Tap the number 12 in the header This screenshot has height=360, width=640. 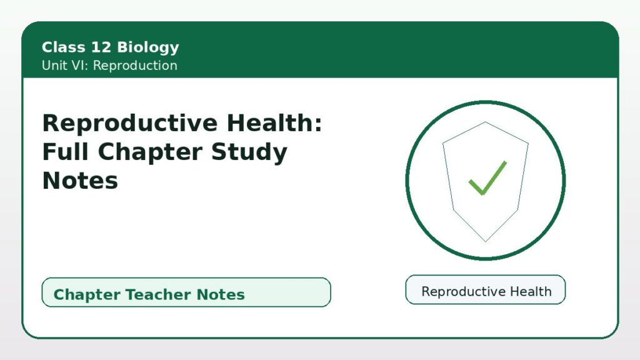tap(101, 47)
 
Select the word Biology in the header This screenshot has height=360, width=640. tap(147, 47)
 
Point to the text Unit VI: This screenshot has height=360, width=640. tap(65, 65)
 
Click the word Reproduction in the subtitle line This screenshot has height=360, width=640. tap(135, 65)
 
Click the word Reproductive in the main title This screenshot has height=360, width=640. tap(130, 123)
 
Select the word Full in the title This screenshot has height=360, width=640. tap(66, 151)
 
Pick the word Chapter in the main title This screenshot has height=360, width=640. tap(150, 152)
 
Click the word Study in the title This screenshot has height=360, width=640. tap(249, 152)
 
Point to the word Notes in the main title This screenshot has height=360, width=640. tap(80, 181)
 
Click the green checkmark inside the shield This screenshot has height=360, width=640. tap(487, 178)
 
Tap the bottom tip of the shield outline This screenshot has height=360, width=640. tap(486, 242)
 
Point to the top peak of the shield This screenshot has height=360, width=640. tap(485, 122)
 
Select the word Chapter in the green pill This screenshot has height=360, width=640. tap(87, 294)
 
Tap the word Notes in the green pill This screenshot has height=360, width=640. tap(221, 294)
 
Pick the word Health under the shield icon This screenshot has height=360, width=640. tap(531, 291)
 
